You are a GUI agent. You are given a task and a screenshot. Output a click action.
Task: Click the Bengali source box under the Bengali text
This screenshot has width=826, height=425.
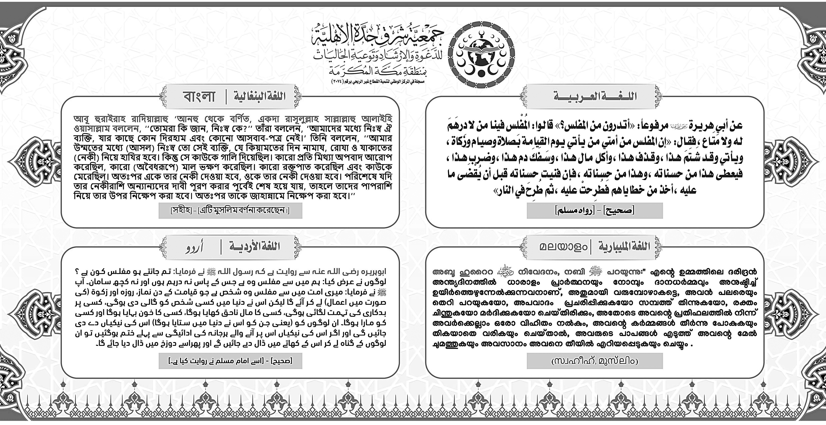click(230, 211)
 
